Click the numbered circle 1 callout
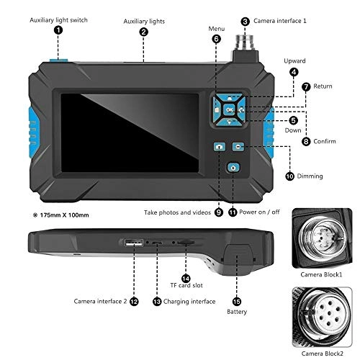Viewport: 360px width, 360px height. pyautogui.click(x=58, y=30)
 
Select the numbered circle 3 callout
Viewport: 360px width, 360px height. pyautogui.click(x=246, y=22)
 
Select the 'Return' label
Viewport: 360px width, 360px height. pyautogui.click(x=323, y=86)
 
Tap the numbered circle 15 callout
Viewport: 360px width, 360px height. pyautogui.click(x=237, y=300)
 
